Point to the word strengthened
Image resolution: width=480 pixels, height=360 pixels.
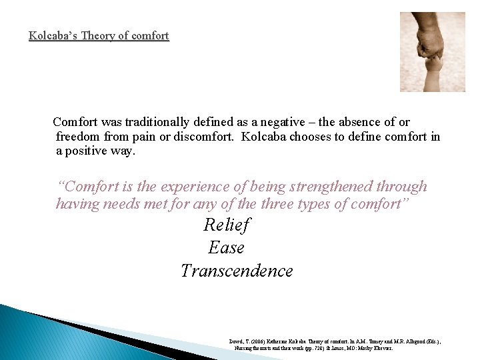pyautogui.click(x=330, y=187)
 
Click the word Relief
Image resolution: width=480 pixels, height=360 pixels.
pyautogui.click(x=226, y=225)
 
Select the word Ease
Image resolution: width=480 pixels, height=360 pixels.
pyautogui.click(x=226, y=248)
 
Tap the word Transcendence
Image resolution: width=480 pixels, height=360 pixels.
pyautogui.click(x=237, y=271)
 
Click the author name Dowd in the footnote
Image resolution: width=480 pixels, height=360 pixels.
pyautogui.click(x=236, y=341)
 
